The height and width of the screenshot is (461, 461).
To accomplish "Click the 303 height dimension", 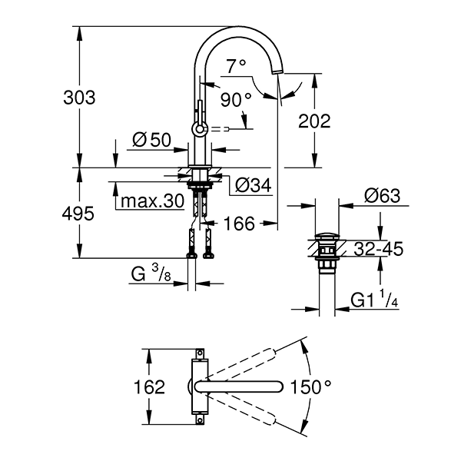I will tap(80, 98).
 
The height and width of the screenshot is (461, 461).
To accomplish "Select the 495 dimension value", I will tap(80, 214).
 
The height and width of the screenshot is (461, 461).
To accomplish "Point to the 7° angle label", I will tap(237, 66).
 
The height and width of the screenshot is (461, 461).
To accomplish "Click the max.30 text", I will tap(151, 202).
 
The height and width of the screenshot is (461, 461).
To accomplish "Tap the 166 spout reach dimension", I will tap(238, 224).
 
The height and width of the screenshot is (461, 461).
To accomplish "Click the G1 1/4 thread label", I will tap(375, 299).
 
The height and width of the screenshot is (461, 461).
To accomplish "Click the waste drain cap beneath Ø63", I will tap(326, 234).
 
